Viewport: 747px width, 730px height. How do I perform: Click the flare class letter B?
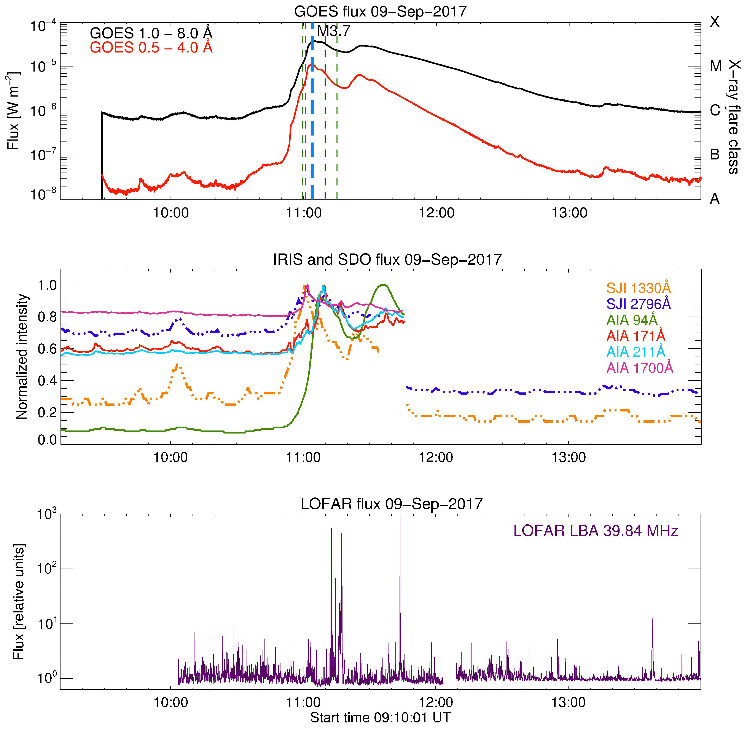[714, 155]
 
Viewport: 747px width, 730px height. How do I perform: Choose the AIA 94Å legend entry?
[632, 320]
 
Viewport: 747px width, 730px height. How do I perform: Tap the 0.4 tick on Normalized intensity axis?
[47, 381]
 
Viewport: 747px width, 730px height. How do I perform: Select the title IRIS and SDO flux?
[387, 260]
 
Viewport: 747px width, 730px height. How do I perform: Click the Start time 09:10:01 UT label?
[380, 717]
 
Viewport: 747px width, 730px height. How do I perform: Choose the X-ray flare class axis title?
[734, 117]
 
